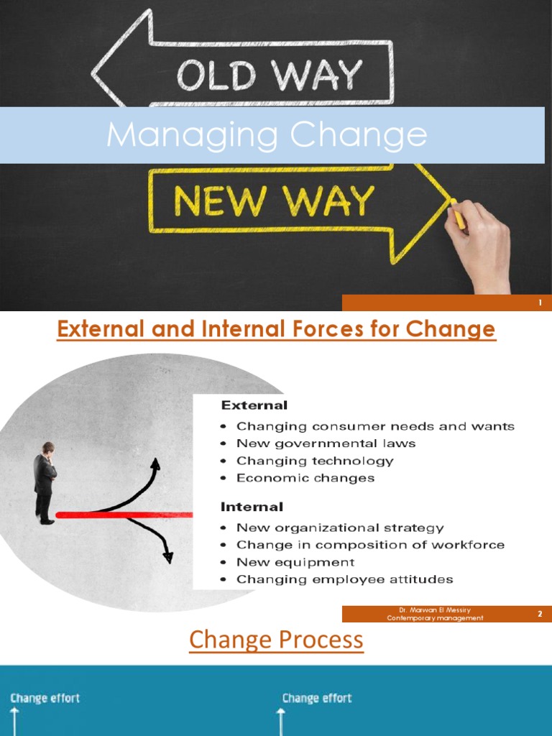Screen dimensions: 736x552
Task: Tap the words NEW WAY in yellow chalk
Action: [274, 202]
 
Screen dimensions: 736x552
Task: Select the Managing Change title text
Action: [267, 135]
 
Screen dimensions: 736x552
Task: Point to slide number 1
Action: [540, 303]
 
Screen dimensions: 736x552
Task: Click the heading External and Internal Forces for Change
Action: [276, 330]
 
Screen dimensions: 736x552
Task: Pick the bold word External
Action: [254, 405]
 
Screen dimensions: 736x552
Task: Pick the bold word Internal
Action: [252, 507]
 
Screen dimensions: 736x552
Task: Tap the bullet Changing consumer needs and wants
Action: [375, 426]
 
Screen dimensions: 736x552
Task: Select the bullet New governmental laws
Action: [326, 443]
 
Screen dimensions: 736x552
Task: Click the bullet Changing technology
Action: [315, 461]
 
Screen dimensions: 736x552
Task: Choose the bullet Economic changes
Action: [305, 478]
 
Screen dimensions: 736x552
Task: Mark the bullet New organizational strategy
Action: [340, 528]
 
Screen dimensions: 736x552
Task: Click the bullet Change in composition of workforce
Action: [370, 545]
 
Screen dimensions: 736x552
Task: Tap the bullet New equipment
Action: [295, 562]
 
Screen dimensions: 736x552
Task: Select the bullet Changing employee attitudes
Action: [344, 579]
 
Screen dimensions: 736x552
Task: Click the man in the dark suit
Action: [45, 482]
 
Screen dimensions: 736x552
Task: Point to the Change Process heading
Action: [276, 640]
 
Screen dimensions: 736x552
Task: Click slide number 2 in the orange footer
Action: [539, 614]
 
